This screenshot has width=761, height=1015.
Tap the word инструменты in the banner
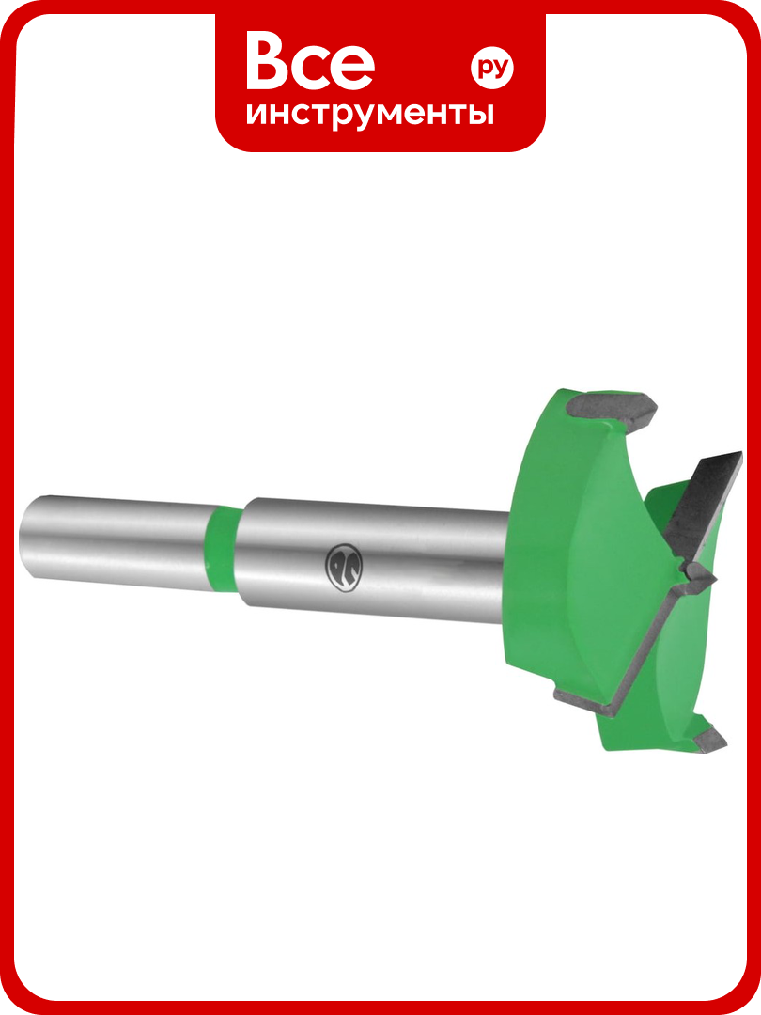pyautogui.click(x=370, y=114)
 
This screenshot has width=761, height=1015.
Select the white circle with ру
pyautogui.click(x=491, y=68)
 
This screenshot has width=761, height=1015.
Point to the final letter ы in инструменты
pyautogui.click(x=483, y=114)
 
